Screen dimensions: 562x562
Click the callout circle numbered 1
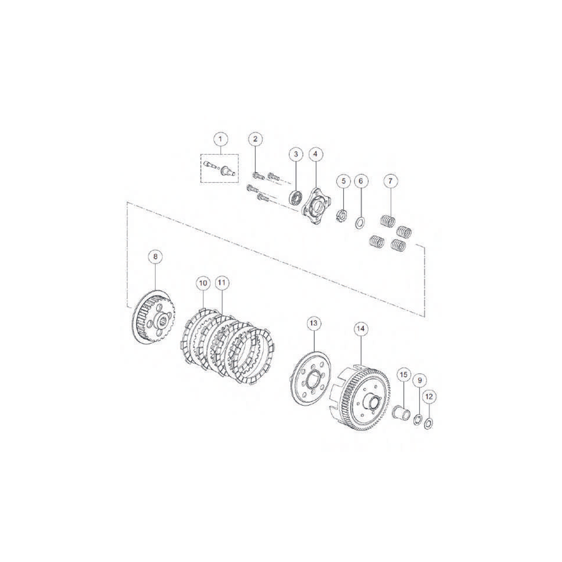(221, 139)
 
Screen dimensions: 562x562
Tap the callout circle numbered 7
(390, 181)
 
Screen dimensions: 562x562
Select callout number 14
(361, 329)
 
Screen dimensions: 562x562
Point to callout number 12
(429, 397)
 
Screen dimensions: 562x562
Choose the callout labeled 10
(203, 283)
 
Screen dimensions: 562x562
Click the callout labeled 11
(222, 283)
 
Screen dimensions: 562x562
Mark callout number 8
(155, 257)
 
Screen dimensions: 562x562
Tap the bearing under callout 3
(296, 198)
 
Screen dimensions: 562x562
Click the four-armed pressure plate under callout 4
(316, 206)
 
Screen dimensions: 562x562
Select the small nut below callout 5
(342, 216)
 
